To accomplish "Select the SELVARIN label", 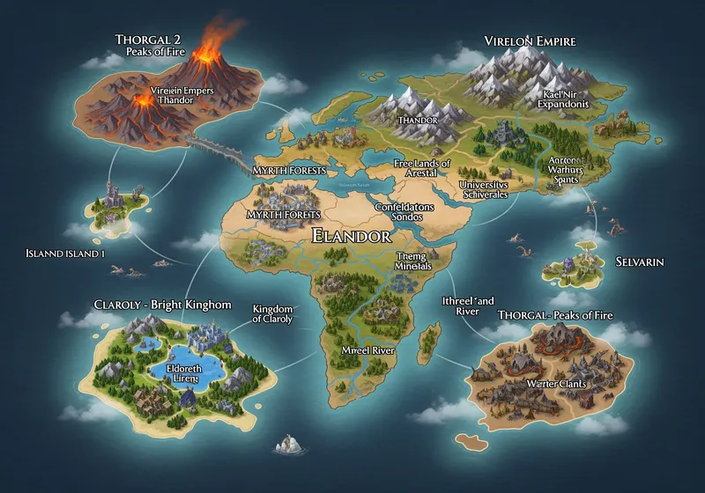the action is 640,262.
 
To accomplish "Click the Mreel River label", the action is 367,350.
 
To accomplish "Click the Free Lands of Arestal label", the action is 421,168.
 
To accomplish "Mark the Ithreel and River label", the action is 467,305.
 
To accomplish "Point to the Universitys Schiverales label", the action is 485,189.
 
